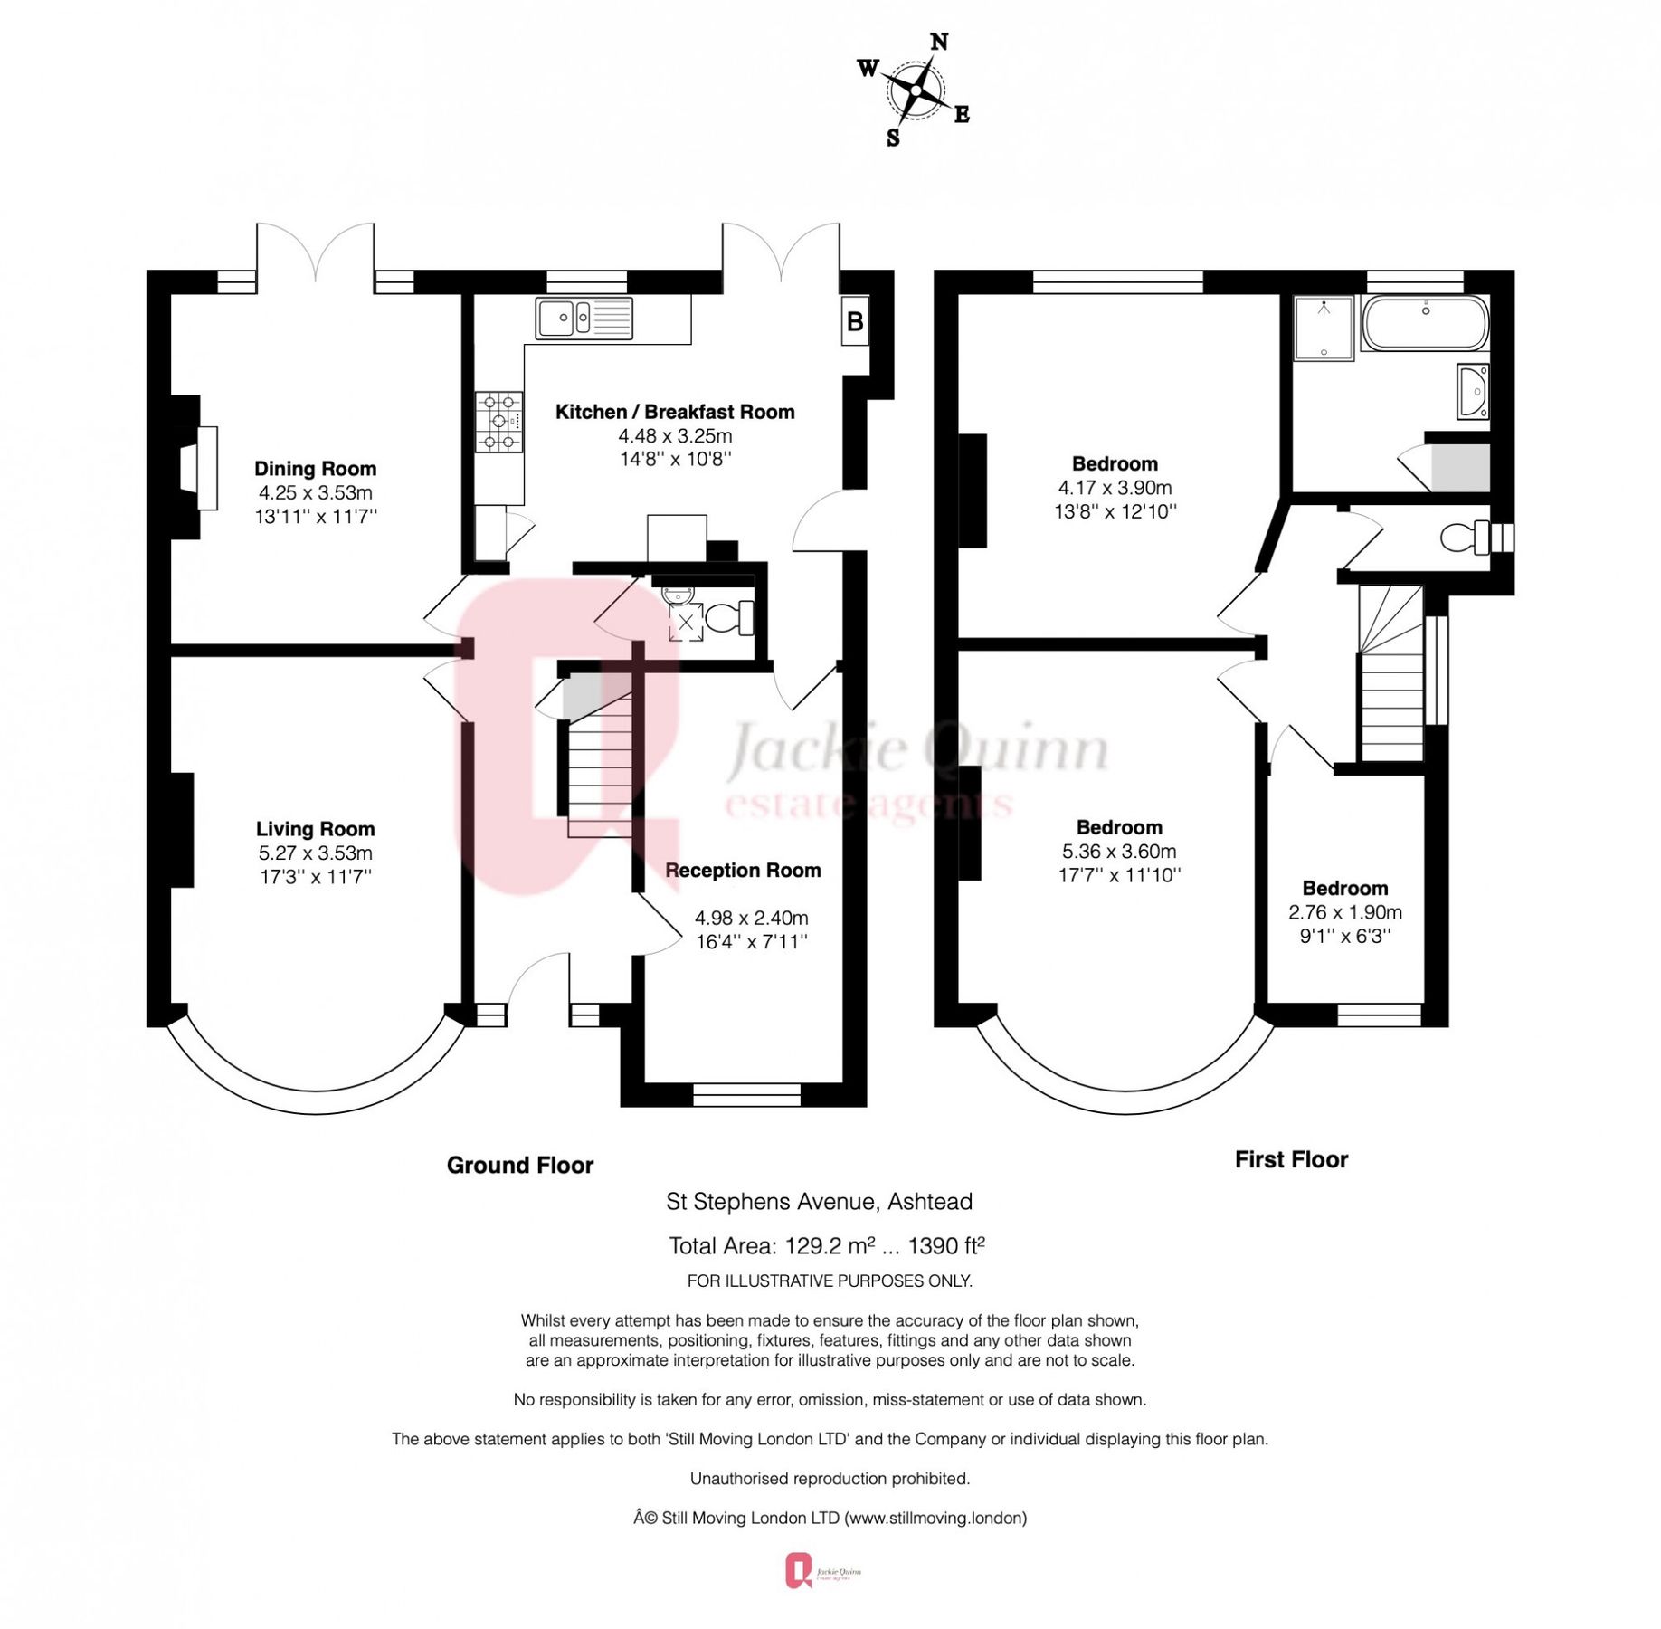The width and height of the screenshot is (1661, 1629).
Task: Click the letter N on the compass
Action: click(938, 42)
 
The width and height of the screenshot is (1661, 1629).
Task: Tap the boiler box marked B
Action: click(854, 320)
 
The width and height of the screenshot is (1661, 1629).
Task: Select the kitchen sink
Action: click(584, 318)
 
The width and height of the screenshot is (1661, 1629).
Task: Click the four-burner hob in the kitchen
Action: click(498, 421)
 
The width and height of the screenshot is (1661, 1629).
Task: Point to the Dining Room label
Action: click(315, 469)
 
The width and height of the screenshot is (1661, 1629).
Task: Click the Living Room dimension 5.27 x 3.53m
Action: click(315, 853)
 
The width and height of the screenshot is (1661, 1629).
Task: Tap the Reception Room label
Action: click(743, 870)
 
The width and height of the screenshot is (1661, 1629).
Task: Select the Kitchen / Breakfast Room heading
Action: click(674, 412)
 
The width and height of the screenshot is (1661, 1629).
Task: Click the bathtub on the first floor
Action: click(1424, 323)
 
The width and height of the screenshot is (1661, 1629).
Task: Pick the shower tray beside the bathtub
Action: click(1323, 328)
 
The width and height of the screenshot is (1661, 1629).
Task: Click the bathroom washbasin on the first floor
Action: click(1473, 391)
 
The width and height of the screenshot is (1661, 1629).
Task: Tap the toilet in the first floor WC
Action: click(1461, 537)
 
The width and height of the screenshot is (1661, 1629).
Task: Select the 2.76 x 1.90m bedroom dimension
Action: click(1344, 912)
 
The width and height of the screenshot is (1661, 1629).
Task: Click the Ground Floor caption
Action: click(519, 1165)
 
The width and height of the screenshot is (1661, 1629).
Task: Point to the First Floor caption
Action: click(1290, 1159)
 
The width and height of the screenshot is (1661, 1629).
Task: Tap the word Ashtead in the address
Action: click(929, 1202)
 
